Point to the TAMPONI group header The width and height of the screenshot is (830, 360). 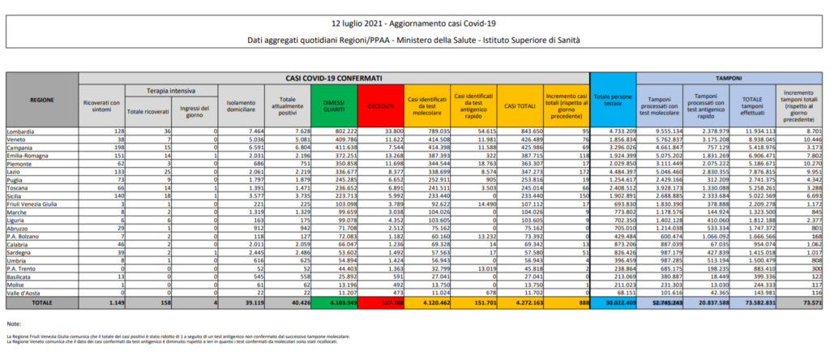[x=733, y=77]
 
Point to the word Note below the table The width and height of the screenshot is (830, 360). [x=12, y=324]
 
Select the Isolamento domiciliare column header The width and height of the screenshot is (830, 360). [x=242, y=105]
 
